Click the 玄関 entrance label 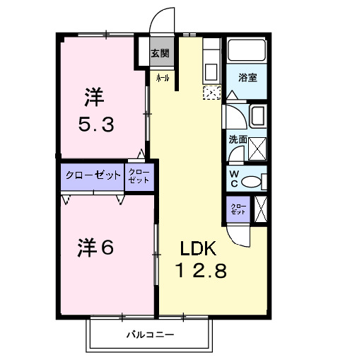point(160,53)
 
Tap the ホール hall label point(162,79)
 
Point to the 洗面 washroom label point(237,139)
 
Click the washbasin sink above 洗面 point(258,116)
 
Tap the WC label point(234,180)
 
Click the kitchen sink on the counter point(211,71)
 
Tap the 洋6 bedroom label point(95,248)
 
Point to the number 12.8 point(202,271)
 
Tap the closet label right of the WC point(238,209)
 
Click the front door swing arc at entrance point(163,18)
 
